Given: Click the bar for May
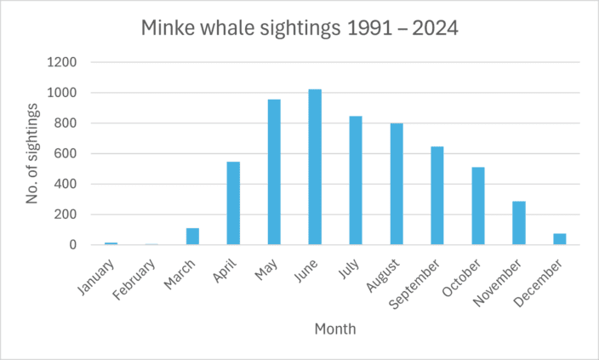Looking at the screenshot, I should [x=274, y=172].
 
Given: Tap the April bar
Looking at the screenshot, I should [x=233, y=203].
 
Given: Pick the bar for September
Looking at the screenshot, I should [x=437, y=196].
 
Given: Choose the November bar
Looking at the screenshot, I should [x=519, y=223].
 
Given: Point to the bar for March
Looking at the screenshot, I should [x=192, y=237].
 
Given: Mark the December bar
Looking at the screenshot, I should [x=560, y=239].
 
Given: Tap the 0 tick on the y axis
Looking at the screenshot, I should [x=74, y=245].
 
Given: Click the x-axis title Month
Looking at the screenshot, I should [x=335, y=329].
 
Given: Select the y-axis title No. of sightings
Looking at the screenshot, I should [x=32, y=154].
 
